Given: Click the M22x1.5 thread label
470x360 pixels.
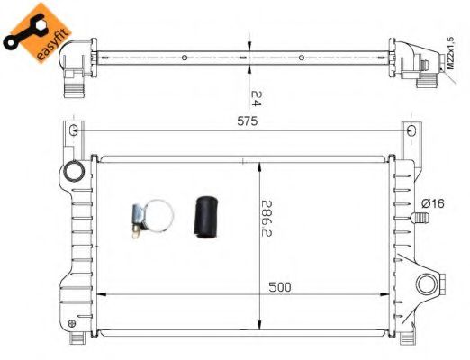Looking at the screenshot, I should tap(449, 48).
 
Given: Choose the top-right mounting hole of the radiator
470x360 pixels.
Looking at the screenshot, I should tap(412, 132).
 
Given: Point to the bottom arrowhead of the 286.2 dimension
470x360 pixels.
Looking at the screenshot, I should tap(259, 325).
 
